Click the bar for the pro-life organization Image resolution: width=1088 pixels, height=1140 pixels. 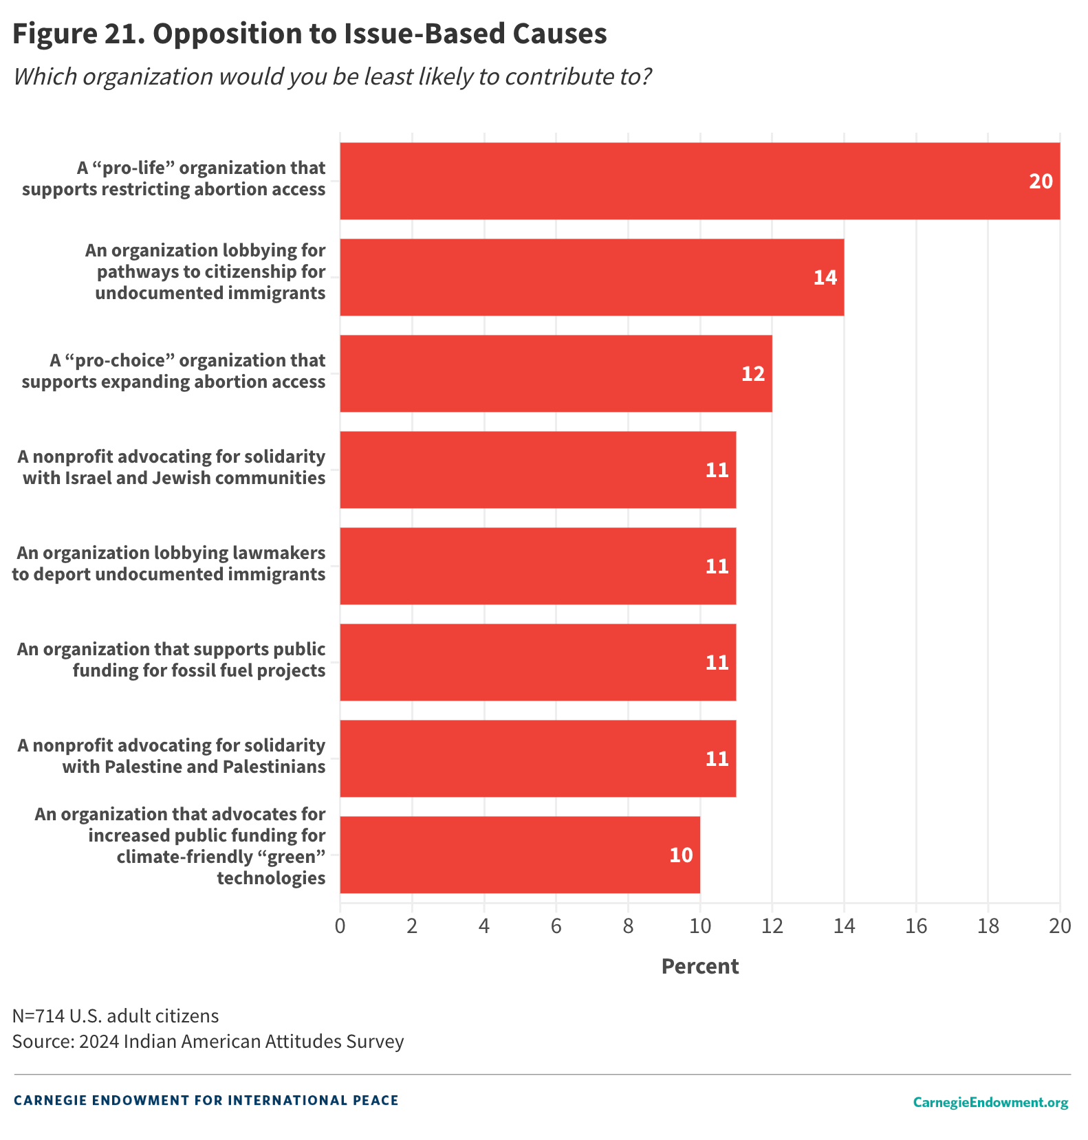pos(699,181)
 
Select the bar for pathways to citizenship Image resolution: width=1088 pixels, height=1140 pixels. pos(591,277)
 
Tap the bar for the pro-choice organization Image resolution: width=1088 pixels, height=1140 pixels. pos(556,373)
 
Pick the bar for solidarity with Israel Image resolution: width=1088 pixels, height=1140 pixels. pos(538,470)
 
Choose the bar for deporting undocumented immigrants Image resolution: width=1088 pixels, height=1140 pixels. pos(538,566)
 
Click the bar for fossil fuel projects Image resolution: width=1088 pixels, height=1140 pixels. pos(538,662)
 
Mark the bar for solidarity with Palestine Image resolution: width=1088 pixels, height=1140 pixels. pos(538,758)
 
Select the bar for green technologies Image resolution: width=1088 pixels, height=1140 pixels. pos(520,855)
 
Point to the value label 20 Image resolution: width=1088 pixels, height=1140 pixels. pos(1041,181)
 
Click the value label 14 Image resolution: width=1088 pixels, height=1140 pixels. pos(825,277)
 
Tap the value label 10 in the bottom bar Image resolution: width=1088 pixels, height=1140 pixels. pos(681,855)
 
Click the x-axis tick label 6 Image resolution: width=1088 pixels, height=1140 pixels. pos(556,926)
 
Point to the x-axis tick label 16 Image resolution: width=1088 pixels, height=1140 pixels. pos(916,926)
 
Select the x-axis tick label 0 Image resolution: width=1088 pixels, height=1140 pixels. pos(340,926)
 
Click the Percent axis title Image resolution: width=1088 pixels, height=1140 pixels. pos(699,966)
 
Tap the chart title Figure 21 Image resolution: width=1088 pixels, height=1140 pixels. pos(309,34)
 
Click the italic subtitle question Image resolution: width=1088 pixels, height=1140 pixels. pos(332,76)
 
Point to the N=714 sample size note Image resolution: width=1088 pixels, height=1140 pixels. pos(116,1016)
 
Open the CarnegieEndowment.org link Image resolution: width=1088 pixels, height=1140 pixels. pos(990,1102)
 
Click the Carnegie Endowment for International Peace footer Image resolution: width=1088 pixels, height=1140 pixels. pos(206,1100)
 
